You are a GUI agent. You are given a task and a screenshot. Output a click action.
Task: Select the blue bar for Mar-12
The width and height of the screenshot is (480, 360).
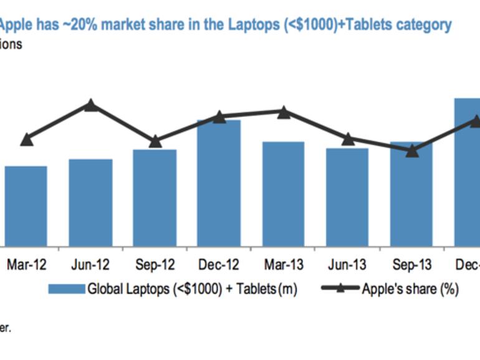tap(26, 206)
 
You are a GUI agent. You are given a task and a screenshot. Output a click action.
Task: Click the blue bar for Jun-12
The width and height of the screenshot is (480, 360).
tap(90, 202)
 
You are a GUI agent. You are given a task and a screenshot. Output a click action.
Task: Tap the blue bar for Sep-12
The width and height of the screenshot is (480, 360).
tap(155, 197)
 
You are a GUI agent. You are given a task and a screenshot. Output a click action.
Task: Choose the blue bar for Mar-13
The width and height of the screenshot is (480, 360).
tap(283, 194)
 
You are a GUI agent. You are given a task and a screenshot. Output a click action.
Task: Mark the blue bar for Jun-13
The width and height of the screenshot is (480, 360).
tap(347, 197)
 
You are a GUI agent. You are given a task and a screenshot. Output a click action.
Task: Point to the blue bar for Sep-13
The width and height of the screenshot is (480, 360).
tap(411, 194)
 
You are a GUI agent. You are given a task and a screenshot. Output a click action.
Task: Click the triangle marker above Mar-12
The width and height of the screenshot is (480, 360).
tap(26, 140)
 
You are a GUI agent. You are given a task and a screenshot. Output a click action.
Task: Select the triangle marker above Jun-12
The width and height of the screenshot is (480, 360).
tap(91, 105)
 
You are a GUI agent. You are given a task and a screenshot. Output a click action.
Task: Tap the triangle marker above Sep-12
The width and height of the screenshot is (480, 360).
tap(155, 141)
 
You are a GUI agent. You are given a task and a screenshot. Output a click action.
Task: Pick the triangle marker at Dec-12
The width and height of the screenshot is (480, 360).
tap(219, 116)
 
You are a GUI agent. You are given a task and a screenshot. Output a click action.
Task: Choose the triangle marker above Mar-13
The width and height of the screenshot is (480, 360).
tap(283, 112)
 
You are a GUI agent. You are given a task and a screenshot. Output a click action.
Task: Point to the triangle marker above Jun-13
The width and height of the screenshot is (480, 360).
tap(348, 138)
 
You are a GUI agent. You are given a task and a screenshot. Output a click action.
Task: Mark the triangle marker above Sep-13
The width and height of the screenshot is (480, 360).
tap(411, 150)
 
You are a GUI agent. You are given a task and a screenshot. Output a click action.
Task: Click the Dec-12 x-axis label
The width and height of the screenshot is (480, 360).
tap(219, 265)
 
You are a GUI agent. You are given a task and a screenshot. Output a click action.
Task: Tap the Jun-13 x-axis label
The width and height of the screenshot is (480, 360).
tap(347, 265)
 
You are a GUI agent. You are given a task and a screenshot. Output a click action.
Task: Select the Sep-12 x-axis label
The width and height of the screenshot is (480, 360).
tap(155, 265)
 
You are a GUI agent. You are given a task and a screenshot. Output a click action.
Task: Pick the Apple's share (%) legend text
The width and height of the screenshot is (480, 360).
tap(410, 289)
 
